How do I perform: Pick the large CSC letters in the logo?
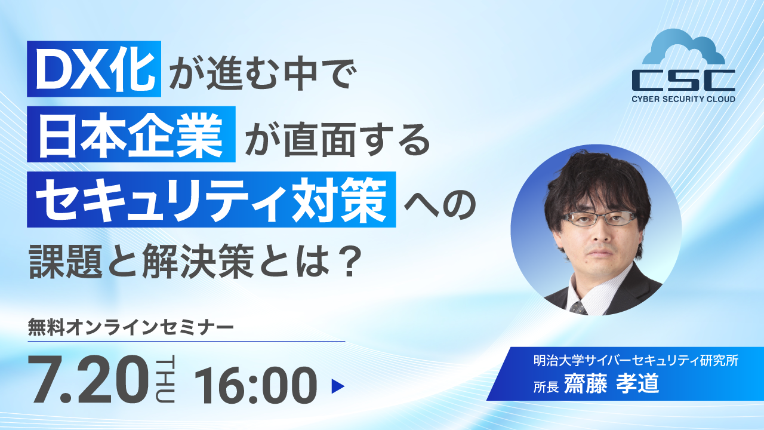[683, 79]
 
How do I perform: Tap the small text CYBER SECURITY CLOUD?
[683, 99]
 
